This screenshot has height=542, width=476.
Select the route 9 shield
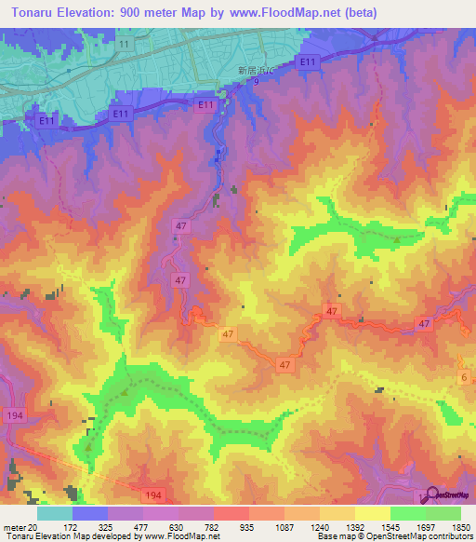255,82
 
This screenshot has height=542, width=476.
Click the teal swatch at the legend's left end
55,513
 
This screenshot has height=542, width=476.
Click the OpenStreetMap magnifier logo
430,494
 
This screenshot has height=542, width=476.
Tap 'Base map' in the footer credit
336,537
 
